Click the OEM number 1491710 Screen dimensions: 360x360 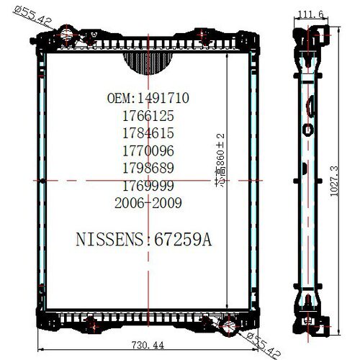(x=163, y=98)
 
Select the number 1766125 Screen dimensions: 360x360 (x=148, y=116)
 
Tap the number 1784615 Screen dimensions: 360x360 (x=148, y=133)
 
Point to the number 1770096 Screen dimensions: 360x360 (x=148, y=150)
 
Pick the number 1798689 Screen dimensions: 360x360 (x=148, y=168)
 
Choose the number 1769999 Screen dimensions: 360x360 (x=148, y=186)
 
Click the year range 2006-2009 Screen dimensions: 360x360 (x=148, y=203)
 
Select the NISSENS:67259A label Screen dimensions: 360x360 (x=144, y=239)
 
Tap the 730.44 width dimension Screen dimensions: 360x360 (x=148, y=346)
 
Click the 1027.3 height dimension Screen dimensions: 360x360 (x=334, y=181)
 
